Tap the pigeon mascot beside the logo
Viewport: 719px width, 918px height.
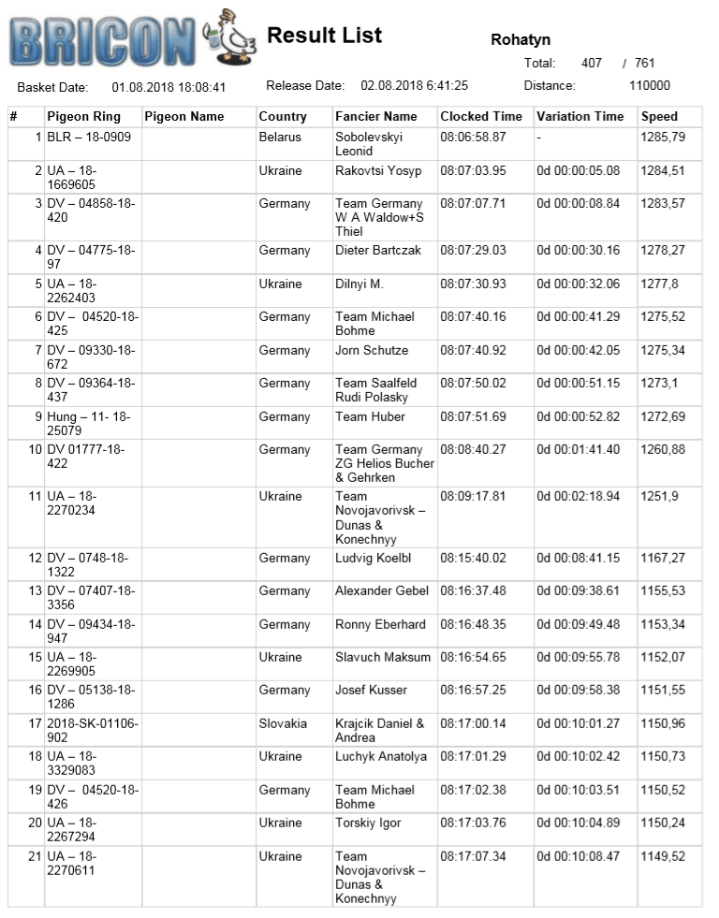pyautogui.click(x=232, y=37)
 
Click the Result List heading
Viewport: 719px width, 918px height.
pyautogui.click(x=324, y=36)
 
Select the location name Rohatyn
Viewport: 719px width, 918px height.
pyautogui.click(x=521, y=40)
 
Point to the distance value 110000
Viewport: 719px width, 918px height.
pyautogui.click(x=650, y=85)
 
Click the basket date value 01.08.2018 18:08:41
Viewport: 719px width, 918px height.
pyautogui.click(x=169, y=87)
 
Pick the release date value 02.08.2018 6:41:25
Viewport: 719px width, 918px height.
pyautogui.click(x=414, y=85)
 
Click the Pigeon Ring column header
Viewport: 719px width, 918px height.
pyautogui.click(x=83, y=117)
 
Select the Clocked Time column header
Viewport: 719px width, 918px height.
pyautogui.click(x=481, y=117)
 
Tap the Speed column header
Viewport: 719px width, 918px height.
pyautogui.click(x=659, y=117)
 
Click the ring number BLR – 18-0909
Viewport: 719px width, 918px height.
pyautogui.click(x=89, y=138)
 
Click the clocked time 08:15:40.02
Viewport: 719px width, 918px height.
pyautogui.click(x=473, y=559)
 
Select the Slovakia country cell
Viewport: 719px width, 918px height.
pyautogui.click(x=282, y=723)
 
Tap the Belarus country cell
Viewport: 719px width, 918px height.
pyautogui.click(x=280, y=138)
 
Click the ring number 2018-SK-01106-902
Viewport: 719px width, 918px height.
pyautogui.click(x=92, y=730)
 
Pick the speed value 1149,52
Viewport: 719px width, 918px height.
pyautogui.click(x=663, y=856)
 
